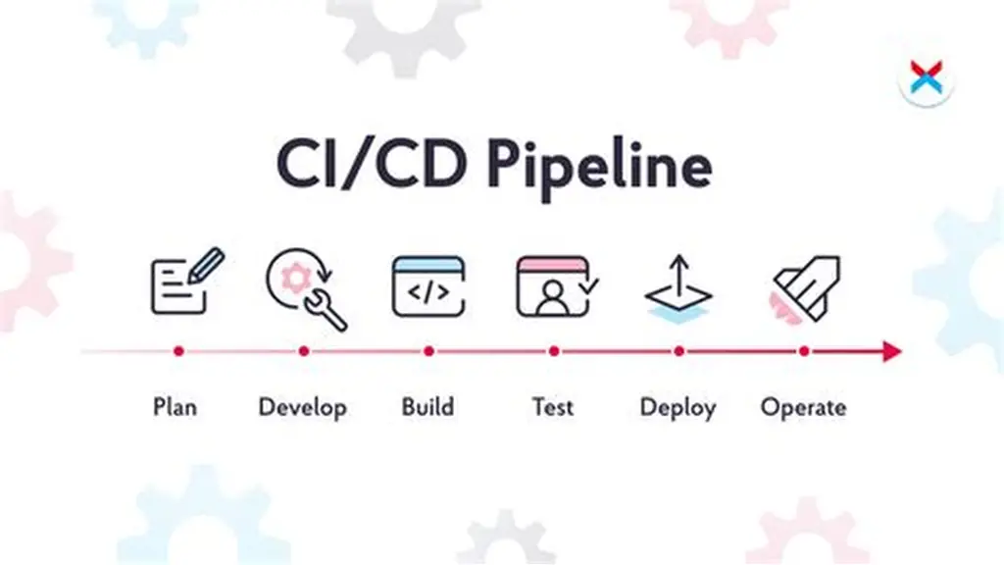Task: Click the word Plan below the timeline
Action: [x=175, y=407]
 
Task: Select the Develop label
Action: [x=303, y=408]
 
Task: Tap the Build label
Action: [x=427, y=407]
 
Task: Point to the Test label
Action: [x=553, y=407]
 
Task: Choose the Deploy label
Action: [x=678, y=408]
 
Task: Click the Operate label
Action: [x=804, y=408]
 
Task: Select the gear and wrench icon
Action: [x=306, y=289]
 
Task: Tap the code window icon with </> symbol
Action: [x=428, y=286]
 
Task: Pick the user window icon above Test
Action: [x=557, y=286]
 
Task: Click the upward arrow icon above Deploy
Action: [x=678, y=289]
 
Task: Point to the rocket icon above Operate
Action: [x=806, y=289]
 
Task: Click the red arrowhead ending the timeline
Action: [x=892, y=351]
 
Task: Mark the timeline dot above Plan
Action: [x=178, y=351]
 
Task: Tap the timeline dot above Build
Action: [x=429, y=351]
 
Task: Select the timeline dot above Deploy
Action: [x=678, y=351]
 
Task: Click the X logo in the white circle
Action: [x=927, y=78]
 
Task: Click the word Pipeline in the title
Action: [x=599, y=167]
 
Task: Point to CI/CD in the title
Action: [x=372, y=164]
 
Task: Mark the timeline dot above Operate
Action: [x=804, y=351]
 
